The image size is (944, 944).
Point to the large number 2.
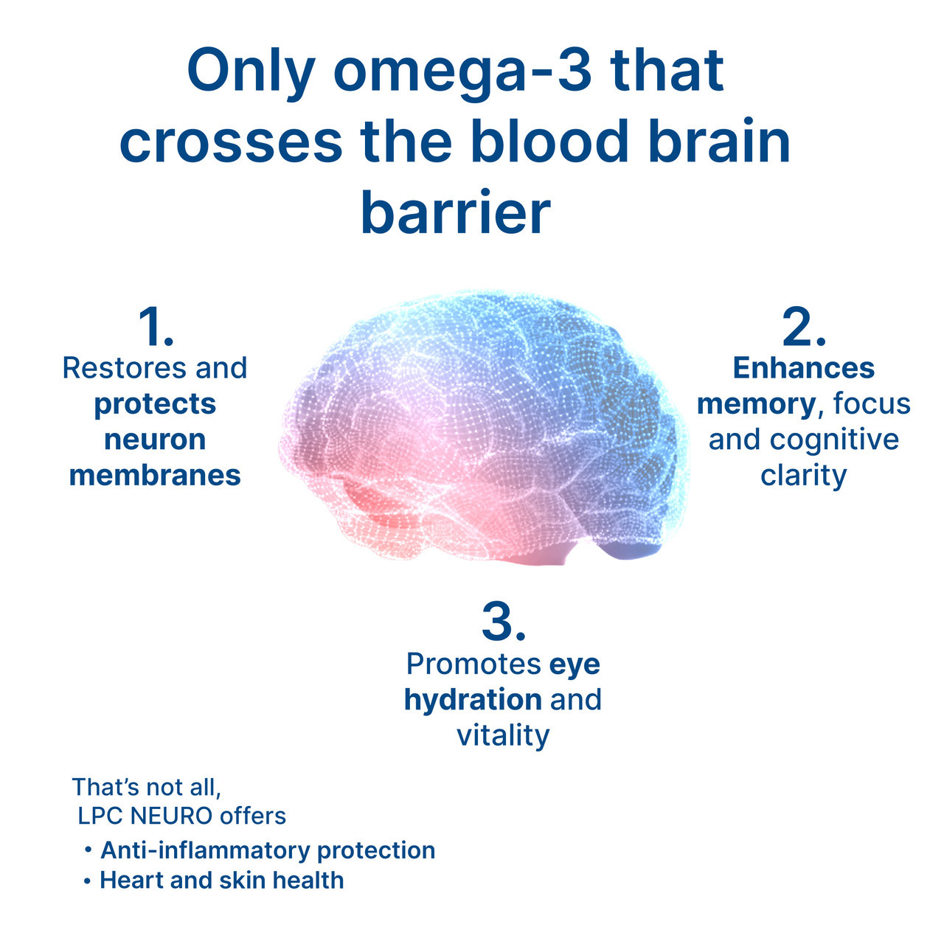pos(803,327)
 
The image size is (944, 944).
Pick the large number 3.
pos(503,622)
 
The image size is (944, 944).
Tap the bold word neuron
pos(155,440)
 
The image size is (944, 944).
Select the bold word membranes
pos(155,475)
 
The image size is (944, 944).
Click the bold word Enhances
pos(804,368)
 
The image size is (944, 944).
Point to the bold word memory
pos(755,404)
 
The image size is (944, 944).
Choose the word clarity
pos(803,476)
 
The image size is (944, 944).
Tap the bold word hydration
pos(473,700)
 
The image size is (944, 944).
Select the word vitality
pos(503,735)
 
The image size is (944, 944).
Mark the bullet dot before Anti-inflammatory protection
pos(88,851)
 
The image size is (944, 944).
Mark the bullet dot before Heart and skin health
pos(87,881)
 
